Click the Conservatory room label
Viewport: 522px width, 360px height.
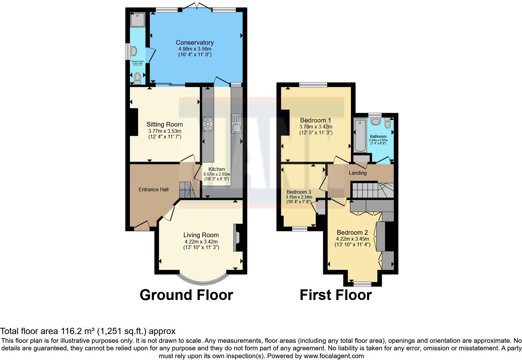coord(195,42)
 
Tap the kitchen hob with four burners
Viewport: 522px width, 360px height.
coord(208,123)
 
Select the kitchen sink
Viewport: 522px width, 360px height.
coord(236,127)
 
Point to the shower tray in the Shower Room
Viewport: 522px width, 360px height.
coord(138,20)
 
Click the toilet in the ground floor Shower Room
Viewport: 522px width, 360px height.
coord(137,78)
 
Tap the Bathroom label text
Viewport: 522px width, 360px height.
coord(378,137)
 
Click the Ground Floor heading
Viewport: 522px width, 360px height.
coord(186,295)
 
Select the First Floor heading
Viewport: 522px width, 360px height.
coord(336,295)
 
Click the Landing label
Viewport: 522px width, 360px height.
coord(357,173)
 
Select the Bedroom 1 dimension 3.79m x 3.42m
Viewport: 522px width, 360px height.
coord(316,127)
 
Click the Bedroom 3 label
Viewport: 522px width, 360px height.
coord(299,192)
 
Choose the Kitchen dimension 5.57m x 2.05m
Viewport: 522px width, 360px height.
coord(217,174)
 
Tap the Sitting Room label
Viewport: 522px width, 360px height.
coord(165,124)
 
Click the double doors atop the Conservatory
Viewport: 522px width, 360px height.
coord(197,6)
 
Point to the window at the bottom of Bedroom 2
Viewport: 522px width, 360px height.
coord(362,284)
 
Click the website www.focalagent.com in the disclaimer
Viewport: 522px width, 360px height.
coord(334,356)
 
